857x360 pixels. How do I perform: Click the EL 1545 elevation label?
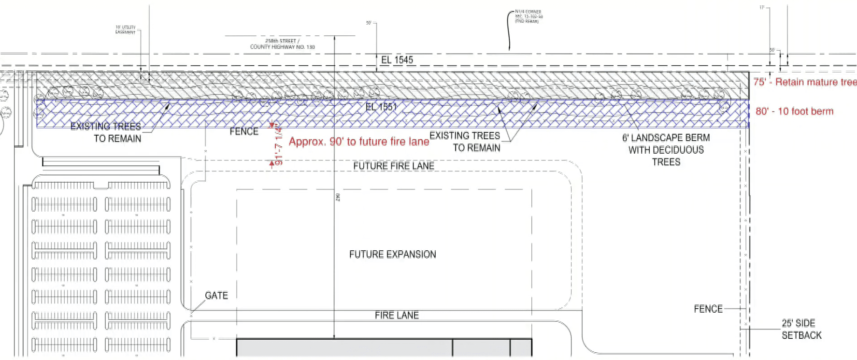(x=397, y=60)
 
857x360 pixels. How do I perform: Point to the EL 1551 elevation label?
(x=381, y=107)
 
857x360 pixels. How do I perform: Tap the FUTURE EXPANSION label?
(x=392, y=254)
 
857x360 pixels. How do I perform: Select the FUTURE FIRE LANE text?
(x=393, y=166)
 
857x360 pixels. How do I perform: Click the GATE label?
(x=216, y=295)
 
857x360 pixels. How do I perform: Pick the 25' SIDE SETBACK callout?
(x=801, y=329)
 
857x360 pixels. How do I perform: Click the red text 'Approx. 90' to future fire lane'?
(x=359, y=142)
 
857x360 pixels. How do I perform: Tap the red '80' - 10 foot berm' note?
(x=794, y=111)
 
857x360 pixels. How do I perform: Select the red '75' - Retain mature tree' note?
(x=804, y=82)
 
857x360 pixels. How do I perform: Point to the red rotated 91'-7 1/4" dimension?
(x=278, y=145)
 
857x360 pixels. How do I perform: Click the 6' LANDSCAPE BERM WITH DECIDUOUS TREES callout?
(x=666, y=150)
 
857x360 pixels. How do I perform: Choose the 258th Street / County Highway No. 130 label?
(x=282, y=44)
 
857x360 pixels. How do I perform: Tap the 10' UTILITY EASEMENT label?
(x=126, y=29)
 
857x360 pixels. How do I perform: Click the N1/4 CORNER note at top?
(x=528, y=16)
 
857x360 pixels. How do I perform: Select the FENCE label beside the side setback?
(x=708, y=309)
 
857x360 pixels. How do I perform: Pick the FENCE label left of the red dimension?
(x=243, y=131)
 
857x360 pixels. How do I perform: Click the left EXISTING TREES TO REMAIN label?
(x=106, y=132)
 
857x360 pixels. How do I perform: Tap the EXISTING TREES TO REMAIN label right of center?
(x=465, y=142)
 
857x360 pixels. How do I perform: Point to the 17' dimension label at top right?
(x=762, y=8)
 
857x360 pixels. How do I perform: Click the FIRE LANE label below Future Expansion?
(x=397, y=315)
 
